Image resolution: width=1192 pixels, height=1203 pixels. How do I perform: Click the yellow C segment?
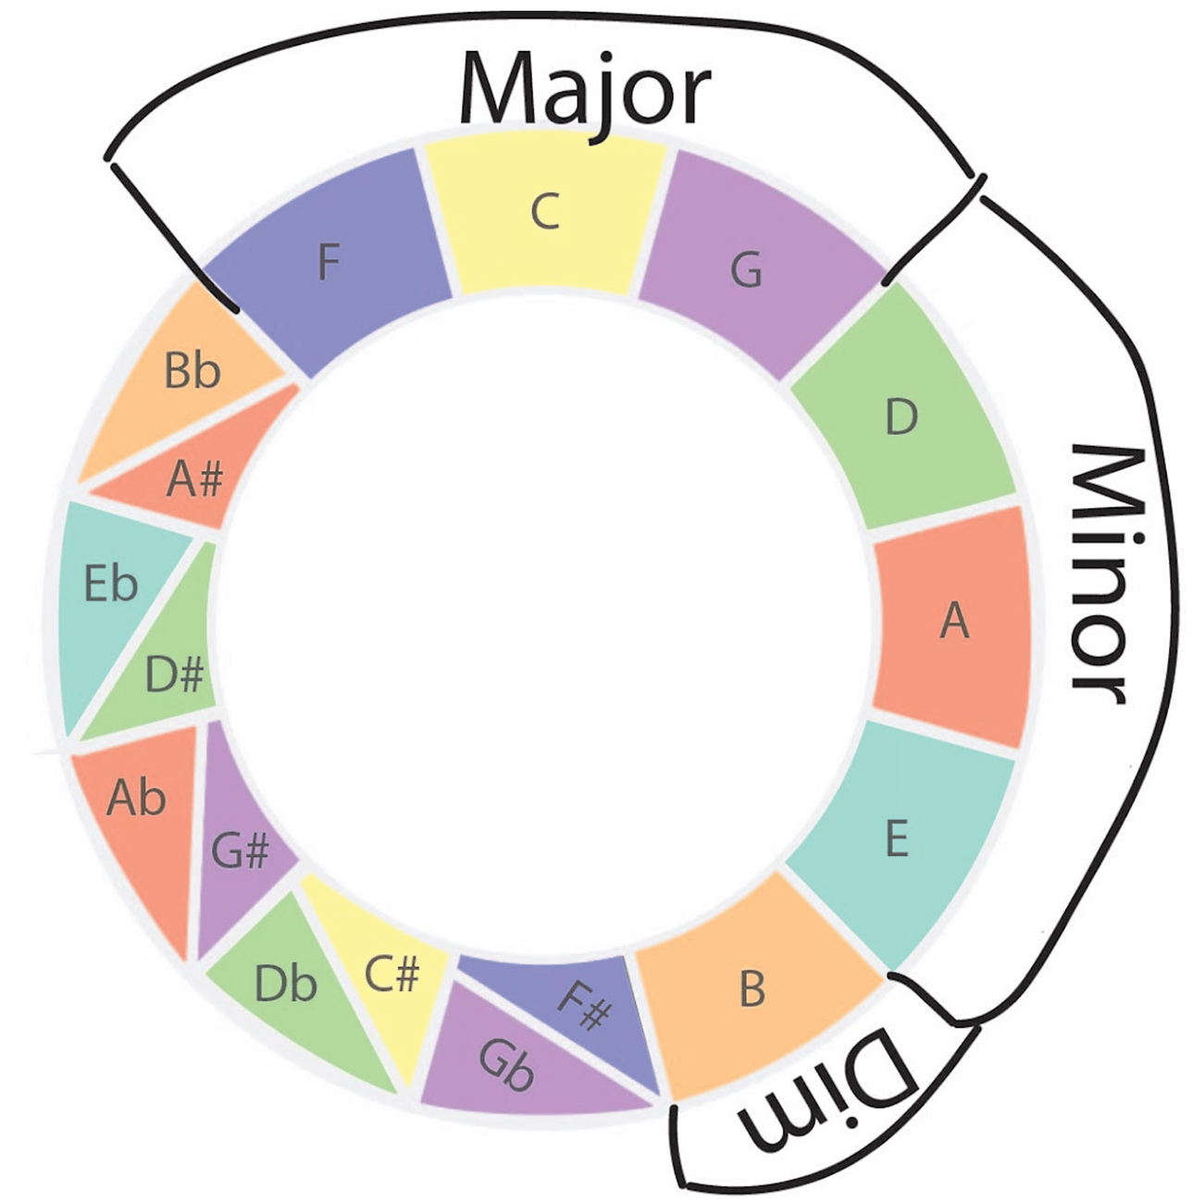(x=546, y=217)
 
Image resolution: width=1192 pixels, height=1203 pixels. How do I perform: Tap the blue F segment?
(x=329, y=264)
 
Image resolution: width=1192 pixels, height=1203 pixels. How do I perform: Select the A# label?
(x=195, y=479)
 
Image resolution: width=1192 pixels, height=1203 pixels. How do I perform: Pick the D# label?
(x=174, y=676)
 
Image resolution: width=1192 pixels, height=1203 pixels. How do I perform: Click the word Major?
(x=585, y=90)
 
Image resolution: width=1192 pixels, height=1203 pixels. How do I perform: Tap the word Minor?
(x=1101, y=574)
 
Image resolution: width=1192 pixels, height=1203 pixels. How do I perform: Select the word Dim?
(x=828, y=1092)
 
